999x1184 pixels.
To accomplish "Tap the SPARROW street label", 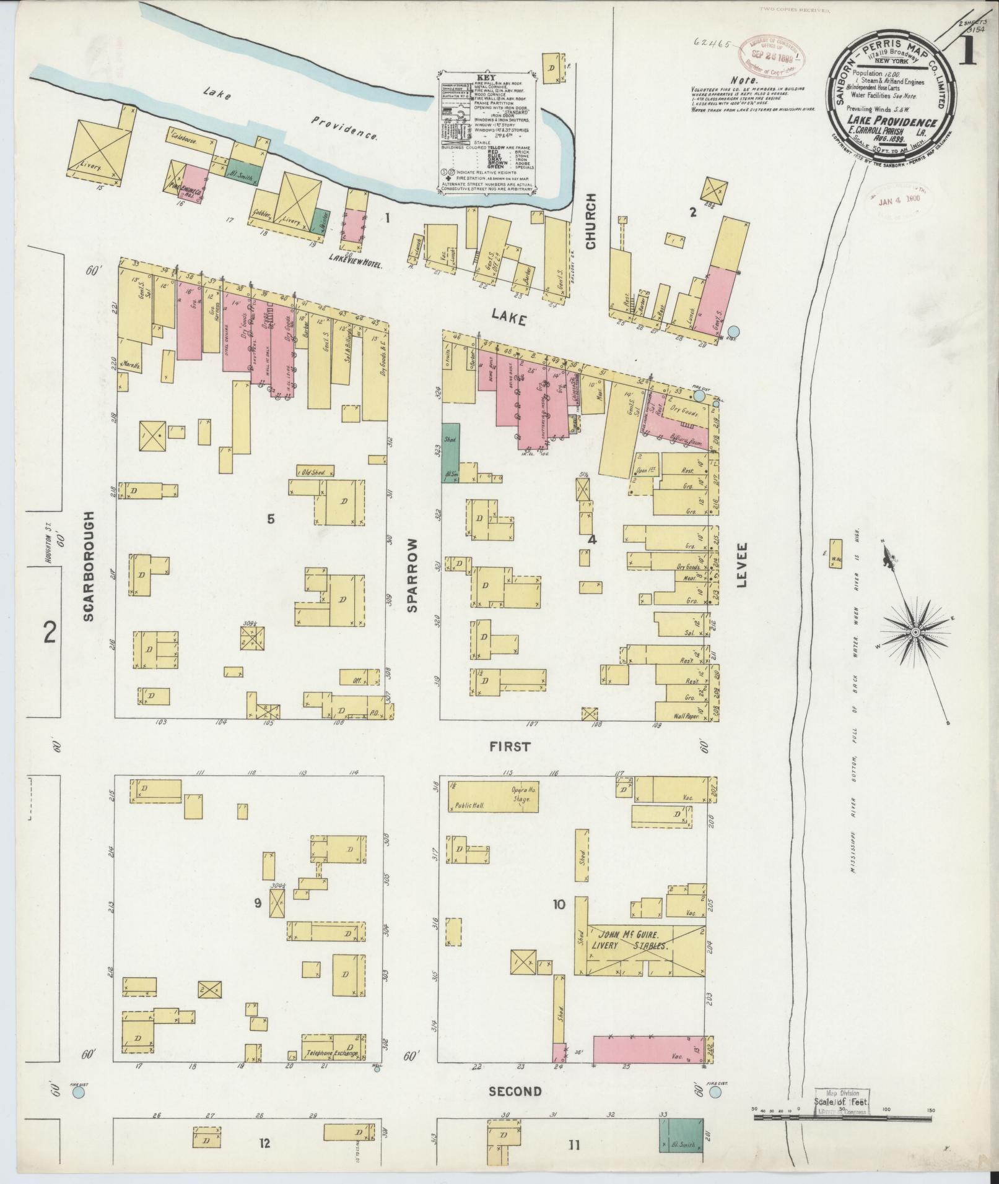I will tap(413, 574).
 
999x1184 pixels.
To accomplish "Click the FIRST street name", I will tap(510, 747).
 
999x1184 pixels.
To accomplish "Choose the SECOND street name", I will tap(515, 1091).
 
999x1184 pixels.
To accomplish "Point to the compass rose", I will tap(915, 631).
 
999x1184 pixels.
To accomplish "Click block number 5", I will tap(271, 519).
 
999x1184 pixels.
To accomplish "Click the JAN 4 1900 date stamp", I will tap(899, 200).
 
